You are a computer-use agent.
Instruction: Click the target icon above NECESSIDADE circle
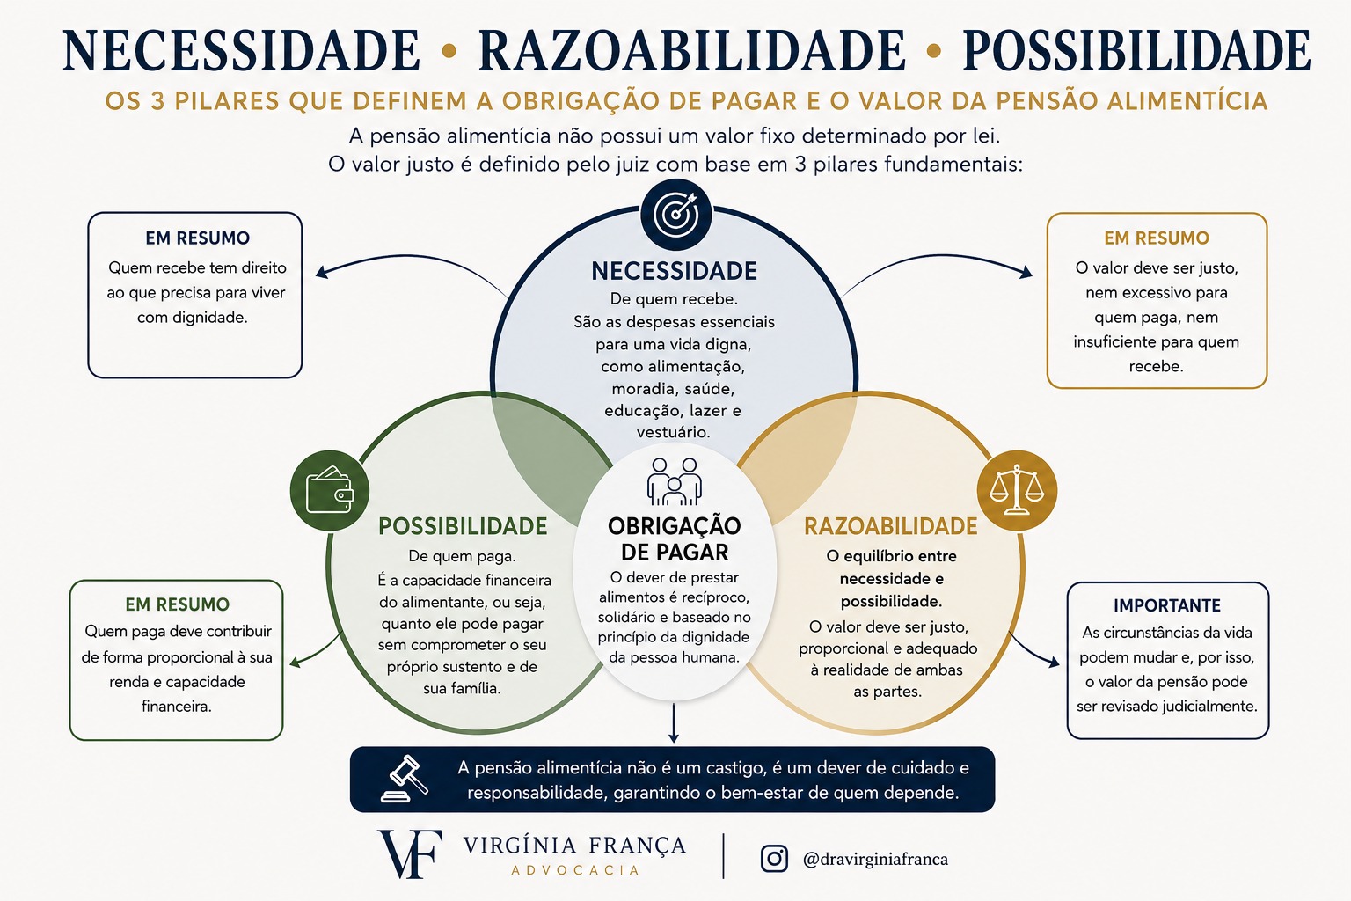click(676, 214)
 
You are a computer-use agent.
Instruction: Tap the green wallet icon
click(329, 490)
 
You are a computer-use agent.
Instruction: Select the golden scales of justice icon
click(1017, 490)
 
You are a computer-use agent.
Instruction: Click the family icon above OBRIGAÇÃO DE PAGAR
click(675, 481)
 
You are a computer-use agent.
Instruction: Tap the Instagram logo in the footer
click(774, 858)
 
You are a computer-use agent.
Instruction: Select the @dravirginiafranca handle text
click(875, 859)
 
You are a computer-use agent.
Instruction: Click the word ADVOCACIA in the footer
click(575, 869)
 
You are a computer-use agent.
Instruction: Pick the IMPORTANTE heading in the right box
click(1167, 605)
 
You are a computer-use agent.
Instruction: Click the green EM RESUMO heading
click(178, 604)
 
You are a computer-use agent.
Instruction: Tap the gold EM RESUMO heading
click(1157, 238)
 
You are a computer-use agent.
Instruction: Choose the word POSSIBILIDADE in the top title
click(1137, 51)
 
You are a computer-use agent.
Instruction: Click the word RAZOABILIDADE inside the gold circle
click(891, 526)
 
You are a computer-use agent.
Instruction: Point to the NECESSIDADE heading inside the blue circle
click(675, 271)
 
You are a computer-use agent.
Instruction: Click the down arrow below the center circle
click(675, 722)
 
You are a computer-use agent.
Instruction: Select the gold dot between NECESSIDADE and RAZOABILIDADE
click(449, 51)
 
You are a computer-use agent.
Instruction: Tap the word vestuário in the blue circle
click(674, 432)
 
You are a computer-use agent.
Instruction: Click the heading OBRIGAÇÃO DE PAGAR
click(675, 538)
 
